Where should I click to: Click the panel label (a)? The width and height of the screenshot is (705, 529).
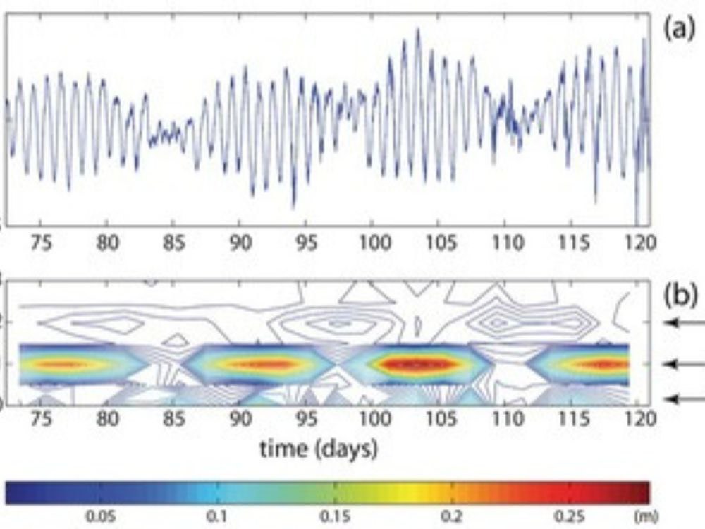click(680, 30)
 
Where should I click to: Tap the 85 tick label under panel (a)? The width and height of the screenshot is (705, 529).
click(173, 243)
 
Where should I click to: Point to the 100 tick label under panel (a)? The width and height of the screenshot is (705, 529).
click(374, 243)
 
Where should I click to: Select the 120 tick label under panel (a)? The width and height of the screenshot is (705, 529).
click(640, 243)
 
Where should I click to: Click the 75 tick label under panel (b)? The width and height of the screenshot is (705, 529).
click(41, 419)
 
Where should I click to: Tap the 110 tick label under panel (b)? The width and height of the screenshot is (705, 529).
click(508, 419)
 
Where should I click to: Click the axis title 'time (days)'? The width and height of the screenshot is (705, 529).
click(319, 449)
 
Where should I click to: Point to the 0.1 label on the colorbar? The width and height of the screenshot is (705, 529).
click(218, 516)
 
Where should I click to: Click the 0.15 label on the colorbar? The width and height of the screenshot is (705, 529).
click(334, 516)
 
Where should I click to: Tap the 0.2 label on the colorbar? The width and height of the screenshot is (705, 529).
click(451, 516)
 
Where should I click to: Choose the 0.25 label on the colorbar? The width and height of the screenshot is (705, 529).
click(568, 516)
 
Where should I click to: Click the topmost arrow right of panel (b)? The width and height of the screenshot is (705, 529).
click(685, 322)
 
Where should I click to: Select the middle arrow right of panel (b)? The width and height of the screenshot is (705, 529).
click(685, 364)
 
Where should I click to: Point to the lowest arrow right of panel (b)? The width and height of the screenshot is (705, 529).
click(685, 398)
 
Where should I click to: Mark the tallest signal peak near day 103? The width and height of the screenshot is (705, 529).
click(417, 30)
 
